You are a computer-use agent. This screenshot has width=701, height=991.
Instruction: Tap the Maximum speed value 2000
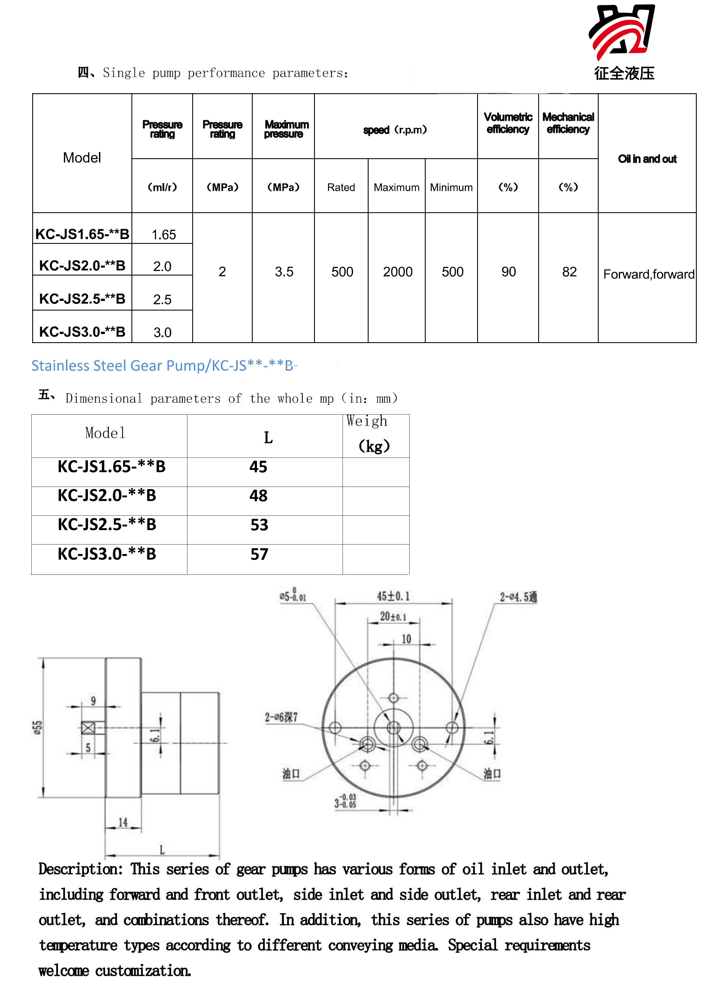pos(397,272)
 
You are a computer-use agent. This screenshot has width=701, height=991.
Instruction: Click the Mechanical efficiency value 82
pos(569,272)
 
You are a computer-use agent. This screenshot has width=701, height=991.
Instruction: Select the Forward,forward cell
pos(649,274)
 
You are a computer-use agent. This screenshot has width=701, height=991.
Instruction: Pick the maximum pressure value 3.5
pos(284,272)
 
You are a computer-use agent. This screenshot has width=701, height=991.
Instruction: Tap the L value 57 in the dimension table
pos(259,554)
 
